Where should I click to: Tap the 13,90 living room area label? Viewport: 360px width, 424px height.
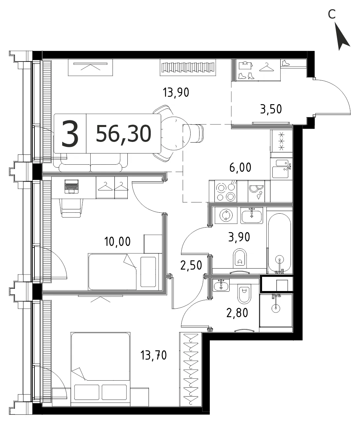[176, 93]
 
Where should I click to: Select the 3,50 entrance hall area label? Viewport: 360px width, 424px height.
[271, 109]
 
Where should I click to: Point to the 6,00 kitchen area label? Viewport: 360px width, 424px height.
[240, 167]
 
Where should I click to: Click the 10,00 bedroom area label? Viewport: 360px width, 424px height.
[117, 241]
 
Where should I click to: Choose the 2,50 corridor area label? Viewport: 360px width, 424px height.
[191, 265]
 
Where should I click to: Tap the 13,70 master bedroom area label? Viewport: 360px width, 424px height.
[154, 355]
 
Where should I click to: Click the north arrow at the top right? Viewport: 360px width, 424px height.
[342, 36]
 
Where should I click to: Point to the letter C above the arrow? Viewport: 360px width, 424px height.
[332, 14]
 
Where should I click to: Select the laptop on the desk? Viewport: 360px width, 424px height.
[71, 187]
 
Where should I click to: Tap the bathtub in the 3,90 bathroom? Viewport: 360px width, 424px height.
[280, 243]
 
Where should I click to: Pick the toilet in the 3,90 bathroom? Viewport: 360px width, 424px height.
[240, 258]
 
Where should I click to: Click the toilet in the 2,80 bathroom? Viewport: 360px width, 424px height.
[244, 294]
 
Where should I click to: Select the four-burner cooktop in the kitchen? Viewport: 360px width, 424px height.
[226, 191]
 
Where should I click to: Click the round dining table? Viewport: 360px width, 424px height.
[174, 133]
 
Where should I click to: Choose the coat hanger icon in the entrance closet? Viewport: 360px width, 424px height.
[267, 67]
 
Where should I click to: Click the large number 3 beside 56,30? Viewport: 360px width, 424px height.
[70, 134]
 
